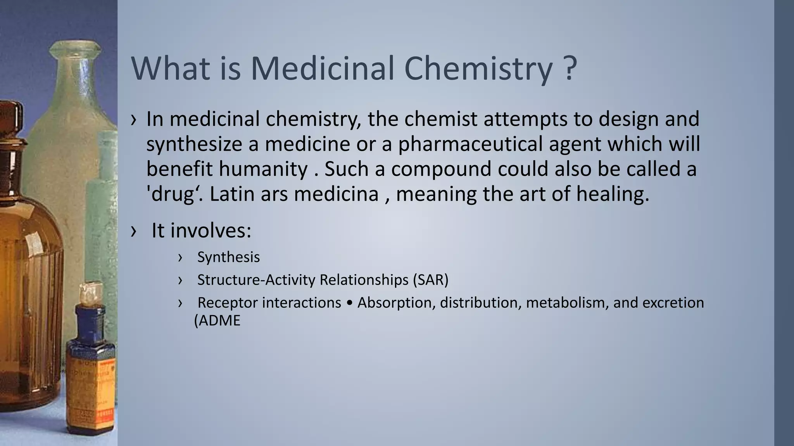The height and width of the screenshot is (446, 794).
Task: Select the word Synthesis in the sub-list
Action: (228, 257)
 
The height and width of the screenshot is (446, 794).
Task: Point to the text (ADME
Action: (217, 321)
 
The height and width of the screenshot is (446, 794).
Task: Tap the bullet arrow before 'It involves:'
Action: (134, 231)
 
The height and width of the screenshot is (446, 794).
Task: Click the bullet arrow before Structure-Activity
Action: (180, 280)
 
